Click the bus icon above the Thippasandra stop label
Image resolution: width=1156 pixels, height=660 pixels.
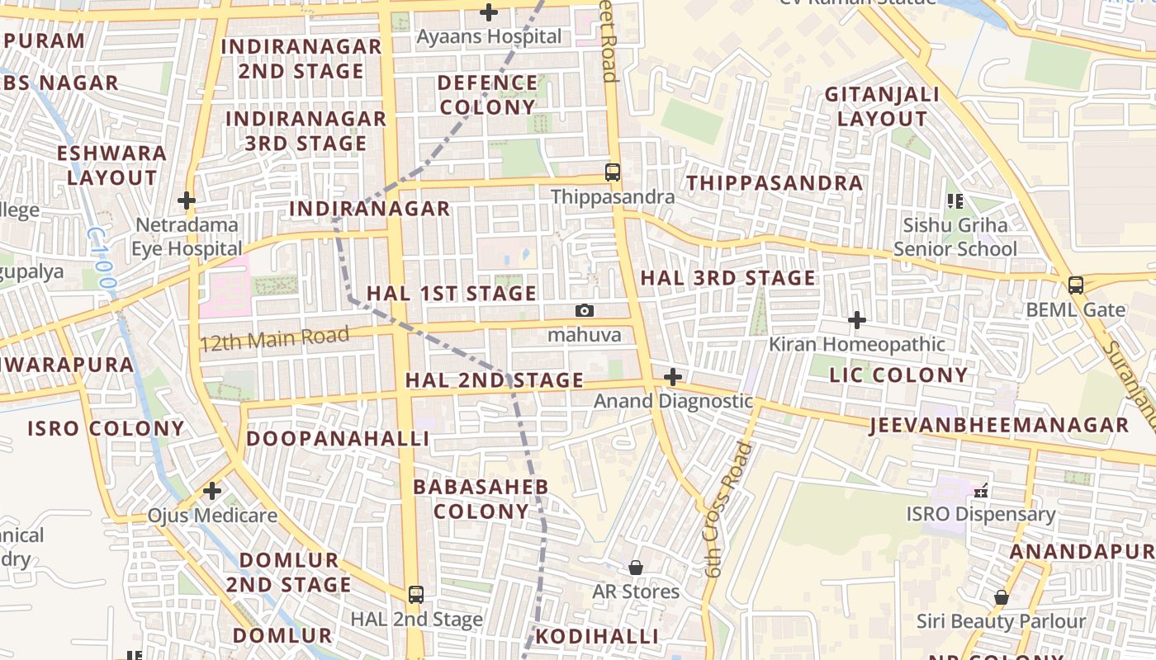pyautogui.click(x=612, y=172)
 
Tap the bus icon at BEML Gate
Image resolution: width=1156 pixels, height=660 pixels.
pyautogui.click(x=1075, y=285)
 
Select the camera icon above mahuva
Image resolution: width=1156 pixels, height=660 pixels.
pyautogui.click(x=584, y=310)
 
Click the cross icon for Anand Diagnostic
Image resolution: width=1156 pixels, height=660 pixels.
pyautogui.click(x=673, y=377)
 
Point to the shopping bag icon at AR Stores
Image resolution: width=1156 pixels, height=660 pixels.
pyautogui.click(x=636, y=568)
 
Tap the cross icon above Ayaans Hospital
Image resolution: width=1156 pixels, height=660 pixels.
pyautogui.click(x=489, y=12)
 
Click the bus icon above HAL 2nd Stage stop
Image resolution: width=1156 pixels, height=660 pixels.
pyautogui.click(x=416, y=594)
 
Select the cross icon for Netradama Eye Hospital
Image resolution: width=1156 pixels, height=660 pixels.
pyautogui.click(x=187, y=200)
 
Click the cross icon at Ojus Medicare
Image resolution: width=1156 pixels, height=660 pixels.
pyautogui.click(x=212, y=491)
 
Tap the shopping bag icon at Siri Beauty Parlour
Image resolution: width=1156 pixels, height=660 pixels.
pyautogui.click(x=1001, y=596)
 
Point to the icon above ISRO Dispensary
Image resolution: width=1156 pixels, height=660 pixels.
pyautogui.click(x=981, y=491)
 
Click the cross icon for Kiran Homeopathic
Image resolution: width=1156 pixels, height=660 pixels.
pyautogui.click(x=857, y=319)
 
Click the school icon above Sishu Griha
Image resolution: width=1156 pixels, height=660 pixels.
pyautogui.click(x=955, y=200)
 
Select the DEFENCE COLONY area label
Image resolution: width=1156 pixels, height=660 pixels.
pyautogui.click(x=487, y=95)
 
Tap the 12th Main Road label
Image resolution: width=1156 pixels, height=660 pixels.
pyautogui.click(x=274, y=338)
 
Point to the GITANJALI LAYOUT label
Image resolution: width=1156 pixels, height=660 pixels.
pyautogui.click(x=882, y=106)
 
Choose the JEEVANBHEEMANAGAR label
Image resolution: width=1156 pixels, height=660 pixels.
pyautogui.click(x=998, y=426)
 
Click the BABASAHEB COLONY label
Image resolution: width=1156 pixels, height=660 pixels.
pyautogui.click(x=481, y=499)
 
